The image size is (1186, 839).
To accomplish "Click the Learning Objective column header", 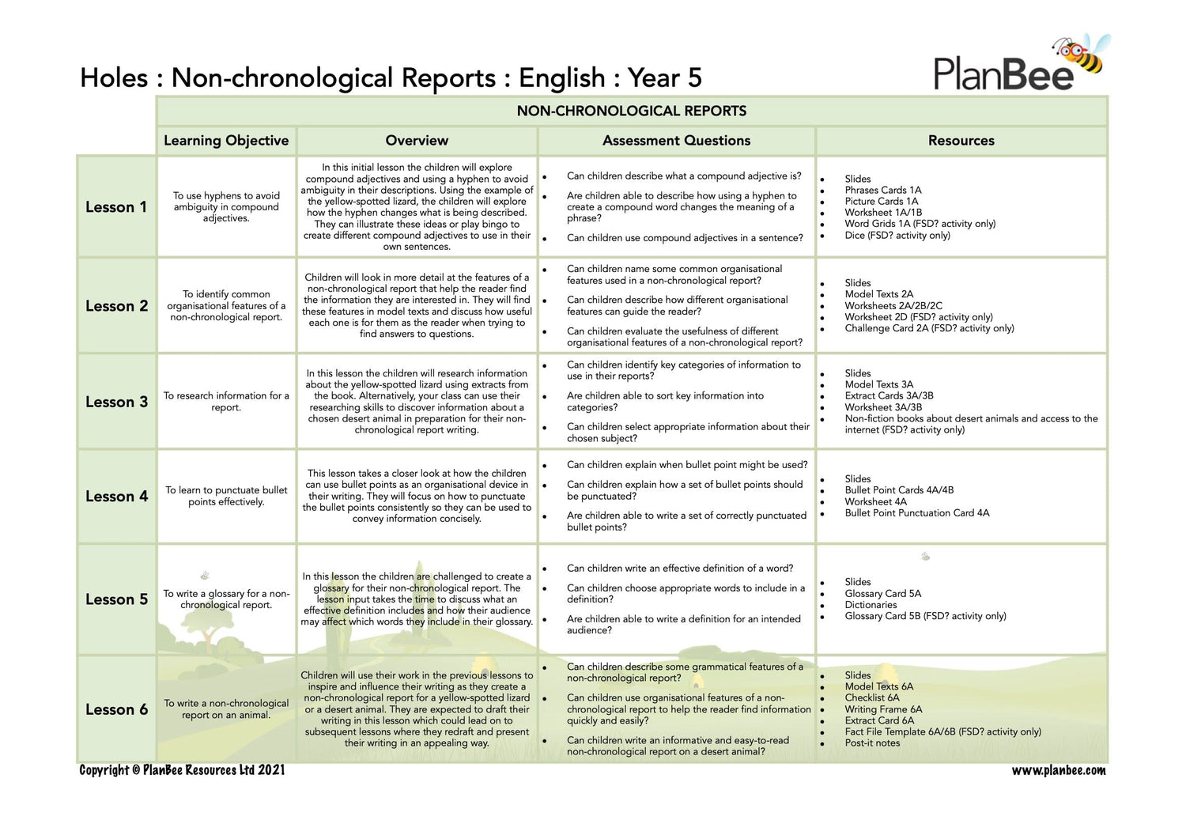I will [226, 141].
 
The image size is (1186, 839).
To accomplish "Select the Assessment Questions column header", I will [676, 141].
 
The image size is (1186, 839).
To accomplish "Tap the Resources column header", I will [961, 141].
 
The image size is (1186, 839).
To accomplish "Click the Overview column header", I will [417, 141].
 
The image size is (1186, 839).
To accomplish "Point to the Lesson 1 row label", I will [116, 207].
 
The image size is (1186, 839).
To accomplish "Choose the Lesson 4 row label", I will [116, 497].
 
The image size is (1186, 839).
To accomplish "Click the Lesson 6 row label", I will [116, 710].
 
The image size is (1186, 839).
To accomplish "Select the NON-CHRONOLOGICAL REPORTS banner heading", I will [631, 111].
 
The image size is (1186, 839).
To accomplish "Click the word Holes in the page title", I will [114, 78].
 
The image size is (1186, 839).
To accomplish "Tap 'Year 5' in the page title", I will [664, 78].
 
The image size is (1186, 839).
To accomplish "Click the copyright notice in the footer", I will [182, 770].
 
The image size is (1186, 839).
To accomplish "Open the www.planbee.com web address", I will [1059, 770].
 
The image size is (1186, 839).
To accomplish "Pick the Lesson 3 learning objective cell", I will [226, 402].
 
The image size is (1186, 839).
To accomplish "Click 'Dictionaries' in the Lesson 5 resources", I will [871, 605].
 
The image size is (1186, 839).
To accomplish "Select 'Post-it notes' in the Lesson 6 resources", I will [872, 743].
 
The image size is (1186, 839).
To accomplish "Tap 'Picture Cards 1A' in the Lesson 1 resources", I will [881, 202].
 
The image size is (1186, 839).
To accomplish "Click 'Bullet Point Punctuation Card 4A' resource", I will [916, 513].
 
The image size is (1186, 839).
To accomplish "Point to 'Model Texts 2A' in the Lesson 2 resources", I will [878, 294].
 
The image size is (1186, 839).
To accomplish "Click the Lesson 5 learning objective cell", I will [226, 599].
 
